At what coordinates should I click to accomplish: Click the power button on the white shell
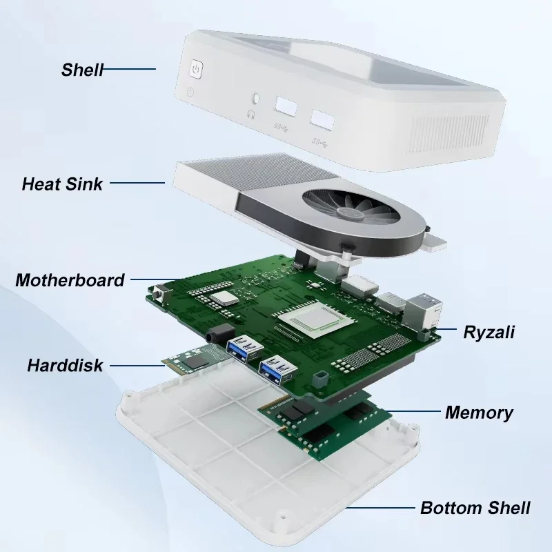[197, 70]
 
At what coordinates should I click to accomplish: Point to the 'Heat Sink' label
[62, 184]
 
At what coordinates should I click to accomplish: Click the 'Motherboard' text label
[70, 280]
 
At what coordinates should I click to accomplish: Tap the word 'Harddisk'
[65, 365]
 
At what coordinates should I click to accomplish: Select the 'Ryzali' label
[489, 333]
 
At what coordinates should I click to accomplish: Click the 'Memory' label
[479, 413]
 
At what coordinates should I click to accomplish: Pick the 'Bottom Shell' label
[475, 509]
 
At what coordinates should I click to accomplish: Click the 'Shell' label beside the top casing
[82, 70]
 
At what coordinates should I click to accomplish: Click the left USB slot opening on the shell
[285, 107]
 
